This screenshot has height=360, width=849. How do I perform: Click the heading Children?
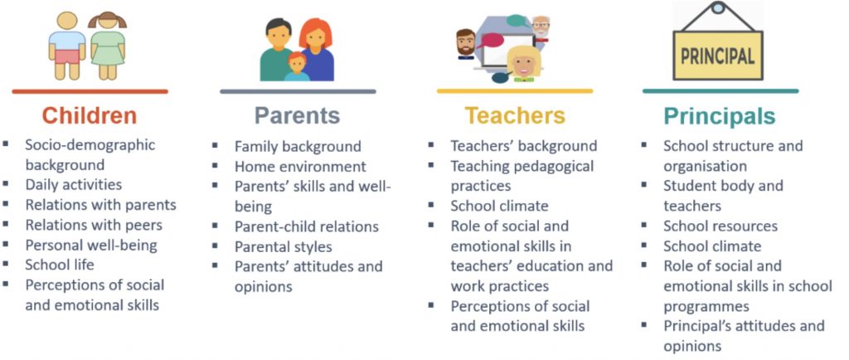(90, 115)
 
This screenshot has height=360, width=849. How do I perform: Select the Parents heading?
(298, 115)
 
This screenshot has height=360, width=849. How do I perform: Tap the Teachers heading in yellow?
(514, 115)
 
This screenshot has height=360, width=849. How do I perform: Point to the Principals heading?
(720, 116)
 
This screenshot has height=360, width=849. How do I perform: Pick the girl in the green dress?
(107, 46)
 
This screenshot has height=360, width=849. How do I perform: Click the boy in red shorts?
(67, 46)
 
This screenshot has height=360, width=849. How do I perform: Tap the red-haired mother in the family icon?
(317, 50)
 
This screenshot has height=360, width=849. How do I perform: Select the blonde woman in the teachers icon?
(524, 64)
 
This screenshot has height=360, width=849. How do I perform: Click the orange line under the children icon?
(90, 91)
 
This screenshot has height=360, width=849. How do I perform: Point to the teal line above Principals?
(720, 91)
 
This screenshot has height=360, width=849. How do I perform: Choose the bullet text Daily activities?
(74, 185)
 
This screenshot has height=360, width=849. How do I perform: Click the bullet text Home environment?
(300, 167)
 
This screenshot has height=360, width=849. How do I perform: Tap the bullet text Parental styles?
(284, 247)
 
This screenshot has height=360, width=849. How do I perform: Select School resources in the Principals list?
(720, 226)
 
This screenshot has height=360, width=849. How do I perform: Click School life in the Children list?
(60, 265)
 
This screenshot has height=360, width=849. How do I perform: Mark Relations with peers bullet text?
(94, 225)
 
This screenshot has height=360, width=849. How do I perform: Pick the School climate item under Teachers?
(500, 207)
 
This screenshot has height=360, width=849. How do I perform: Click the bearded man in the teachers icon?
(466, 44)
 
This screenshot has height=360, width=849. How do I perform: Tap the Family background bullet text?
(298, 147)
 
